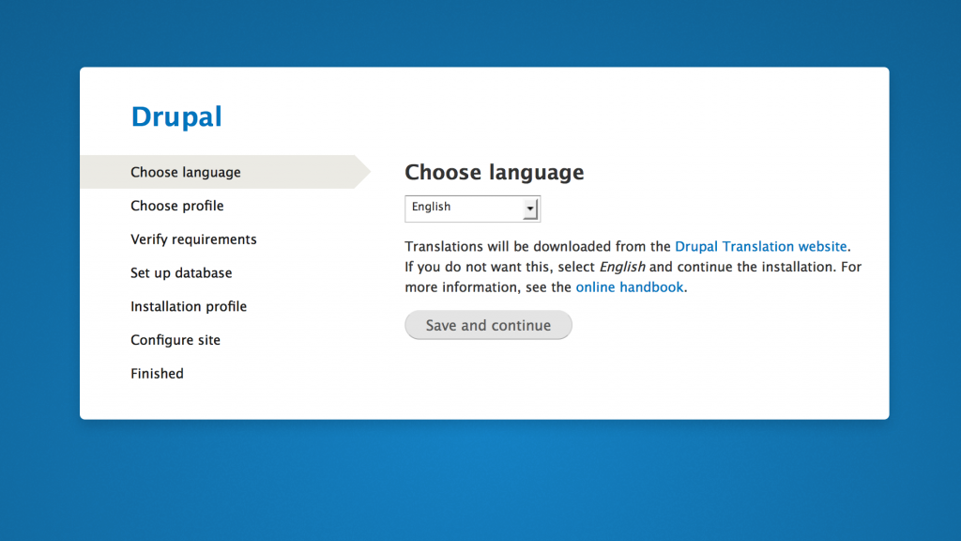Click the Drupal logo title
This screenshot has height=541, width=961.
pyautogui.click(x=176, y=116)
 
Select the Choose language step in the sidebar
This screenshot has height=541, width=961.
pyautogui.click(x=186, y=173)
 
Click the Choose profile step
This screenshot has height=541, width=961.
pyautogui.click(x=177, y=206)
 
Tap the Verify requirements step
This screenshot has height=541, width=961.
pyautogui.click(x=193, y=240)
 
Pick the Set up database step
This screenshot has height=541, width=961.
pyautogui.click(x=181, y=273)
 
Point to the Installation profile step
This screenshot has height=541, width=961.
pyautogui.click(x=189, y=307)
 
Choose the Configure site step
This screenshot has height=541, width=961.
pyautogui.click(x=175, y=340)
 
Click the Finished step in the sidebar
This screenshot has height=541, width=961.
pyautogui.click(x=157, y=374)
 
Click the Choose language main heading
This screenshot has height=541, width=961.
pyautogui.click(x=494, y=173)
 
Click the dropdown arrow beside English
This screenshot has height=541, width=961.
pyautogui.click(x=531, y=209)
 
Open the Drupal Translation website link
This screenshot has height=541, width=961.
pyautogui.click(x=761, y=247)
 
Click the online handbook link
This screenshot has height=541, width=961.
pyautogui.click(x=630, y=287)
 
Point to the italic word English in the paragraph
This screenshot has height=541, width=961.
pyautogui.click(x=622, y=267)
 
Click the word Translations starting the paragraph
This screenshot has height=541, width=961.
pyautogui.click(x=444, y=247)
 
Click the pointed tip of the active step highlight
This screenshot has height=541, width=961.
pyautogui.click(x=368, y=172)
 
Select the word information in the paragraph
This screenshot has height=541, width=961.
pyautogui.click(x=486, y=287)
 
